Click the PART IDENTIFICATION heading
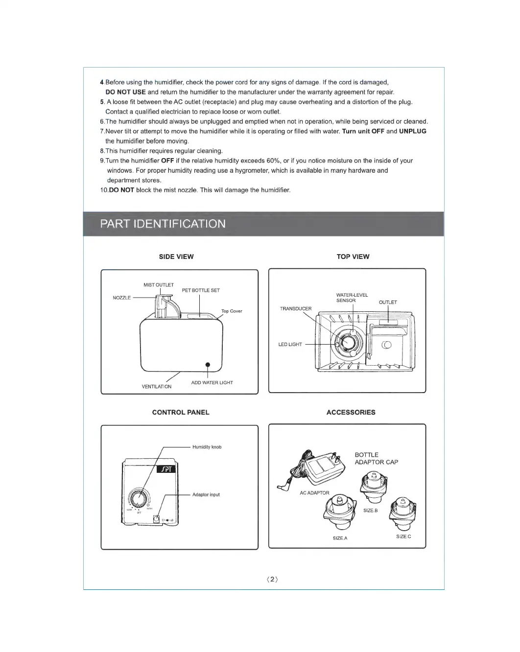(163, 224)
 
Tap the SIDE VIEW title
(176, 256)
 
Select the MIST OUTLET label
(159, 285)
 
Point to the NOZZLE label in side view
(122, 298)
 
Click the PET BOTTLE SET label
(201, 290)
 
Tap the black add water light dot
(208, 365)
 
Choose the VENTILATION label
(157, 387)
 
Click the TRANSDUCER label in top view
(296, 309)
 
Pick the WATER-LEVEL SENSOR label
(352, 298)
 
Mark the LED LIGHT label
(290, 345)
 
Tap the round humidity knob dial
(139, 498)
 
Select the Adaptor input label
(206, 495)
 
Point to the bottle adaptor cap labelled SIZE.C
(402, 512)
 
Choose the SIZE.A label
(340, 538)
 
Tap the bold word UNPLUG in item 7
(413, 131)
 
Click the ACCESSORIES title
(351, 412)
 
